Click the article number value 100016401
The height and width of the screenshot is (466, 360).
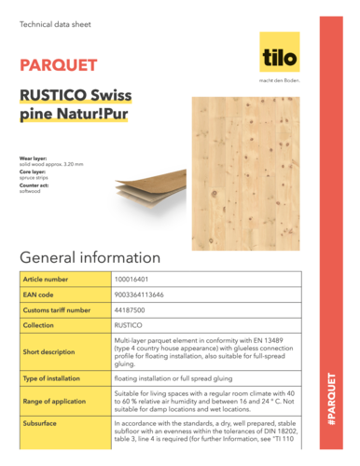tap(133, 279)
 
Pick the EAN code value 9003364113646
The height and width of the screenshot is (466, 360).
tap(140, 295)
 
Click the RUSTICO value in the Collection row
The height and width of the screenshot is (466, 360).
tap(129, 325)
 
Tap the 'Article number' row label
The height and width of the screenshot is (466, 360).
tap(48, 279)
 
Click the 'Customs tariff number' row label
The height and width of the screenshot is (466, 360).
tap(57, 309)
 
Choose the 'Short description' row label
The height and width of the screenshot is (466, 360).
tap(48, 352)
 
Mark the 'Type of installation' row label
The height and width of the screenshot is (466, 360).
tap(54, 379)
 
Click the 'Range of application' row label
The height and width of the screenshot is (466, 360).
tap(55, 400)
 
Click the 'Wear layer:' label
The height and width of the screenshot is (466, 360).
tap(33, 159)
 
